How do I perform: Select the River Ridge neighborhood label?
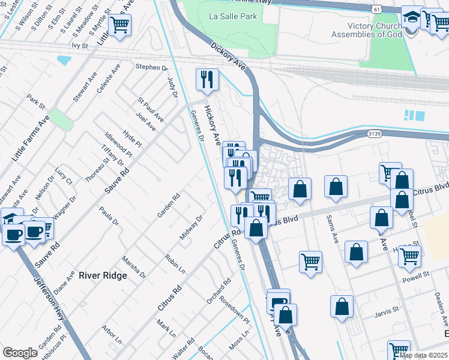[103, 275]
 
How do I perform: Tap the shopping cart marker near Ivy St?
[120, 26]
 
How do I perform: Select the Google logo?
[20, 352]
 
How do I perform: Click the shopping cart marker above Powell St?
[410, 255]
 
